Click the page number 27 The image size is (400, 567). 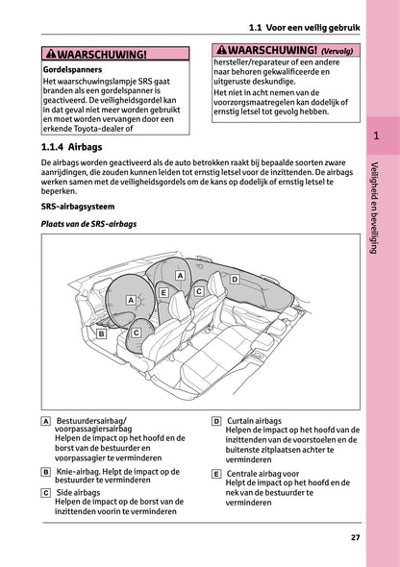point(356,537)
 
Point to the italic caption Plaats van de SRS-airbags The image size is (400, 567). point(89,223)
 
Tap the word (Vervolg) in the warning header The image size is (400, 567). point(337,51)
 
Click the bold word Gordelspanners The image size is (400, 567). point(73,71)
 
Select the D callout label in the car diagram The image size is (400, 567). point(234,280)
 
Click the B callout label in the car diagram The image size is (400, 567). point(101,333)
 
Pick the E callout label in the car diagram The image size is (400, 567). point(163,291)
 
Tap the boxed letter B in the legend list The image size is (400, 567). point(47,473)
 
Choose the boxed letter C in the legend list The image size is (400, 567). point(47,492)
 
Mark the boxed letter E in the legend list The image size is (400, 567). point(216,473)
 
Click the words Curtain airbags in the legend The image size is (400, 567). point(255,421)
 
